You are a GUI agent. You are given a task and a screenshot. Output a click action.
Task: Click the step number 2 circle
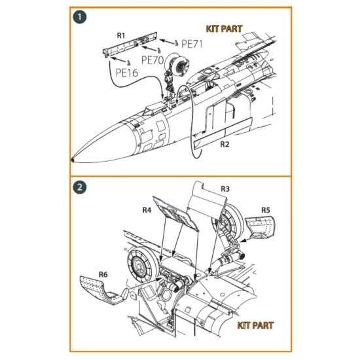(79, 185)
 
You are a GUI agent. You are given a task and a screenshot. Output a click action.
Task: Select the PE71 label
(193, 44)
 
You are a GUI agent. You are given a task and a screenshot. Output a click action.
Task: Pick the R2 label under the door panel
(224, 143)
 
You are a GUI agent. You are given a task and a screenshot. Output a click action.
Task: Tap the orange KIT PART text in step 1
(223, 29)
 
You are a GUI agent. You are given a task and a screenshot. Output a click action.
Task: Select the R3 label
(225, 188)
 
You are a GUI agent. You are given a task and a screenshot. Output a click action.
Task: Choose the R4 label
(147, 209)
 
